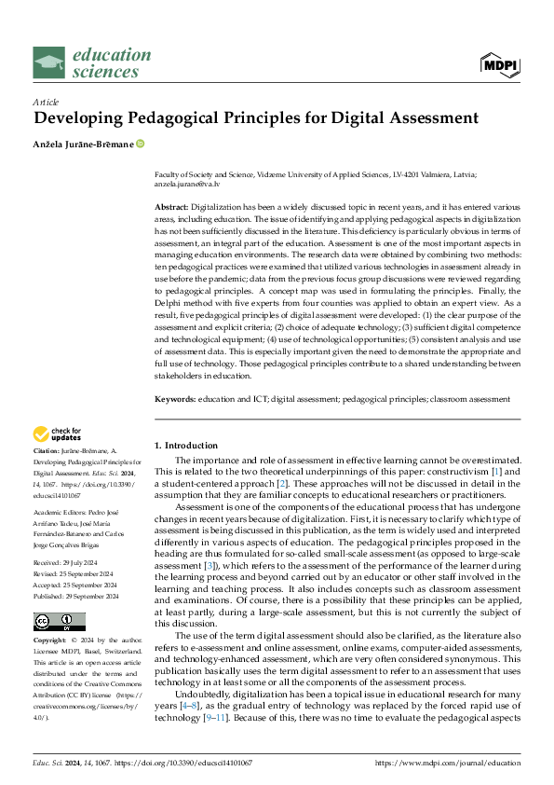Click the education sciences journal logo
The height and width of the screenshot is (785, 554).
pyautogui.click(x=91, y=62)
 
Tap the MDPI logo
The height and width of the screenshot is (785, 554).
pyautogui.click(x=500, y=63)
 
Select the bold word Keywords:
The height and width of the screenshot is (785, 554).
pyautogui.click(x=175, y=398)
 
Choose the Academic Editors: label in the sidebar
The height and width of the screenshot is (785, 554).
pyautogui.click(x=62, y=513)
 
